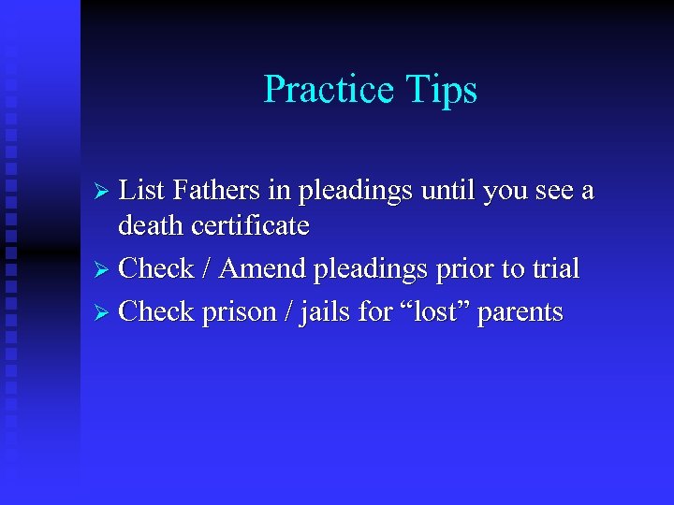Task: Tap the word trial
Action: click(553, 268)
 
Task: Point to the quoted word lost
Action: click(435, 311)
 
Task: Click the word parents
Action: click(520, 313)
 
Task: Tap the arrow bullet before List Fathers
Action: click(105, 192)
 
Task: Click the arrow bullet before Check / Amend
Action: click(105, 269)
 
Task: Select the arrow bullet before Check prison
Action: click(105, 312)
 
